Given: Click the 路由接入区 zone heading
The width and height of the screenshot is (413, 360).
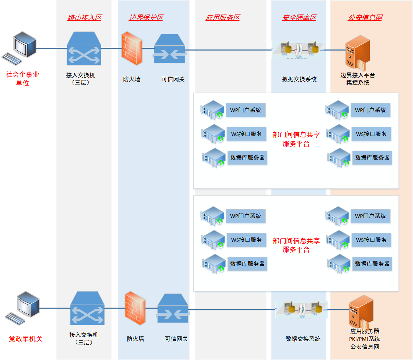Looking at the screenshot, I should click(84, 17).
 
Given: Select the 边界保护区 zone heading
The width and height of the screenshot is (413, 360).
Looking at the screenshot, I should click(146, 17).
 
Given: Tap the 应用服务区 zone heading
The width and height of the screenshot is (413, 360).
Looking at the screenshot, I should click(222, 17).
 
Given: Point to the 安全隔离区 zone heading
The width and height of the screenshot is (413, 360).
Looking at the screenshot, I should click(299, 17).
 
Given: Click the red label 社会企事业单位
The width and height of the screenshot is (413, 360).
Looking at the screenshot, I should click(23, 79).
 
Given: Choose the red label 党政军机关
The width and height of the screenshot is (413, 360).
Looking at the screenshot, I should click(25, 339).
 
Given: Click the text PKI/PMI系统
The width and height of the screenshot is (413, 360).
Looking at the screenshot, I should click(365, 339).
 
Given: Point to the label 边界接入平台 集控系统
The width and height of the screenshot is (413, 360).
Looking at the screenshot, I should click(358, 79).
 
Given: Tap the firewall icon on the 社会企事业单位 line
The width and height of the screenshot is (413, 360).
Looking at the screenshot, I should click(131, 49).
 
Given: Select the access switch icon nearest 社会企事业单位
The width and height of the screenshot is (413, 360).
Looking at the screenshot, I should click(84, 49).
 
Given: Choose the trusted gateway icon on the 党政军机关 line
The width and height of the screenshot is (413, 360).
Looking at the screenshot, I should click(173, 309).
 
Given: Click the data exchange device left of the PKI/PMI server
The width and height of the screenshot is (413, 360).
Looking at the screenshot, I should click(301, 309).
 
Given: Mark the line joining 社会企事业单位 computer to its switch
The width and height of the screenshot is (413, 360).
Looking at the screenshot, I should click(51, 48).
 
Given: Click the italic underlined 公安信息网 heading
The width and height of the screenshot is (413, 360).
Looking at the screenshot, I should click(365, 17).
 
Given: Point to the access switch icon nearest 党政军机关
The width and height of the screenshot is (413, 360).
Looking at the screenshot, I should click(87, 309).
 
